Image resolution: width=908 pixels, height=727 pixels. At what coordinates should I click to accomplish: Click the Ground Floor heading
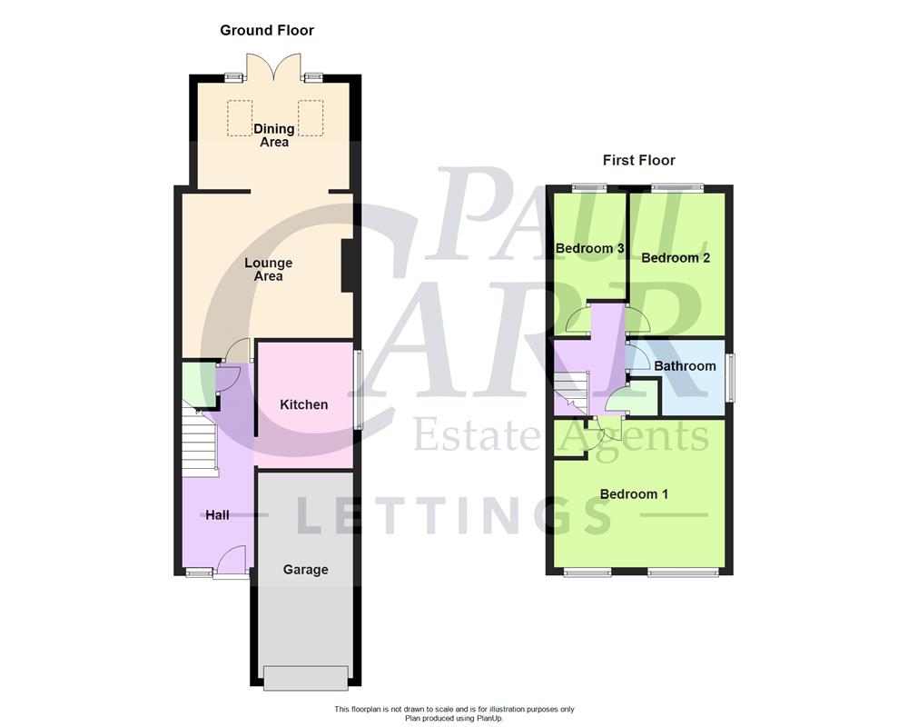click(x=267, y=30)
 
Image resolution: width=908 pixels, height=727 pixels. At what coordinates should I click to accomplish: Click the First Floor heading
click(x=639, y=160)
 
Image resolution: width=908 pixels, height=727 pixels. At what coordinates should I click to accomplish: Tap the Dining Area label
click(x=273, y=135)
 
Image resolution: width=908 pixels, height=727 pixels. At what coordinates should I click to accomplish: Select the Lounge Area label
click(x=269, y=269)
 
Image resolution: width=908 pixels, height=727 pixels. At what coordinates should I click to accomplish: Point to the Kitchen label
click(x=303, y=404)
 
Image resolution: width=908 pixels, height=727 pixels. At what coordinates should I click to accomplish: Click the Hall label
click(x=217, y=515)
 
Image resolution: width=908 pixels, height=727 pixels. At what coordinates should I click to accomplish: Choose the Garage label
click(x=305, y=570)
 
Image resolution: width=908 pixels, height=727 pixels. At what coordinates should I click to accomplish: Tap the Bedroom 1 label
click(x=634, y=494)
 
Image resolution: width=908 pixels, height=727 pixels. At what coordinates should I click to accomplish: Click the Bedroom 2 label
click(x=676, y=257)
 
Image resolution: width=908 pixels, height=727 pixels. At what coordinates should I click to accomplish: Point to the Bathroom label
click(x=685, y=366)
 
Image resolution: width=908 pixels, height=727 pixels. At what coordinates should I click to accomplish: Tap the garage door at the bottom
click(x=305, y=677)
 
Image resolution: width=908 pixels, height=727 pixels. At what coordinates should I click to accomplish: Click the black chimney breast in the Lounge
click(x=347, y=265)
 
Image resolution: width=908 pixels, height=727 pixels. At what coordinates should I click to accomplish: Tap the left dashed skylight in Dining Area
click(x=240, y=117)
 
